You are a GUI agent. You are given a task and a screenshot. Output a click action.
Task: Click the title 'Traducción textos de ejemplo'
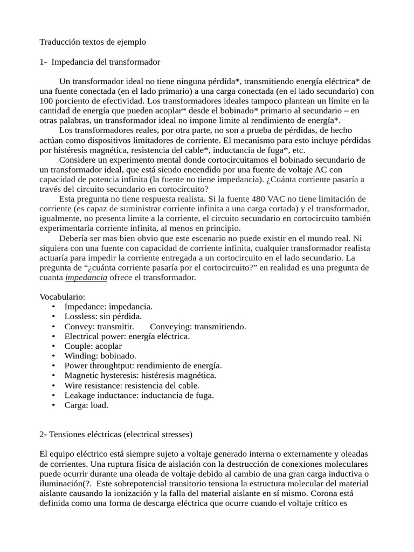click(x=93, y=42)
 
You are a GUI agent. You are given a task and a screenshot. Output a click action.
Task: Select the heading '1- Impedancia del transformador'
click(x=100, y=62)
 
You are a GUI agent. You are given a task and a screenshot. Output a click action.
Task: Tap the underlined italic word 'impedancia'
click(x=86, y=278)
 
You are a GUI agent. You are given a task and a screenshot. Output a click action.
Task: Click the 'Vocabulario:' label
click(x=63, y=297)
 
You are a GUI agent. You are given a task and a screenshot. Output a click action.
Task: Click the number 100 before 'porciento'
click(x=47, y=101)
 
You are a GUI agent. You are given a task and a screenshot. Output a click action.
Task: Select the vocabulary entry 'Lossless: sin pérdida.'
click(x=103, y=316)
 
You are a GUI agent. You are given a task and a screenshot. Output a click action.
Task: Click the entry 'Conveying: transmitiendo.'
click(x=198, y=327)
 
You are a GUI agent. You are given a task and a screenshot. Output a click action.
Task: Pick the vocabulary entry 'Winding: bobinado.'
click(x=100, y=356)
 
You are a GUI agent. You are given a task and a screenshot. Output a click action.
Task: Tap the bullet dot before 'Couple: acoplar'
click(x=53, y=346)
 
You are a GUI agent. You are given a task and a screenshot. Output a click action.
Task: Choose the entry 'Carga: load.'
click(x=86, y=405)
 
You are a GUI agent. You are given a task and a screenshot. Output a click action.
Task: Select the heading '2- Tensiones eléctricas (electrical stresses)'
click(x=116, y=434)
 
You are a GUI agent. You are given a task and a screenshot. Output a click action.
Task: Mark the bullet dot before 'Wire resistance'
click(x=53, y=385)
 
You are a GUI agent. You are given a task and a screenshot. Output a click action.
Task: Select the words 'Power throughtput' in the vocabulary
click(x=98, y=365)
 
